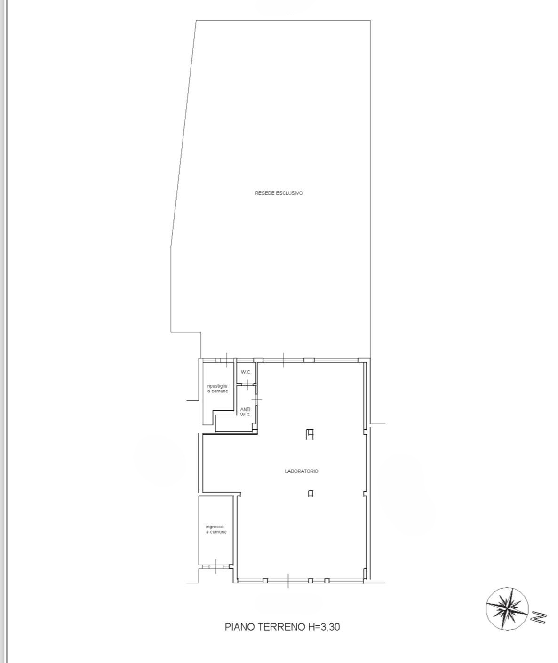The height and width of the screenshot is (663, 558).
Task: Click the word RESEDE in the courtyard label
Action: coord(264,193)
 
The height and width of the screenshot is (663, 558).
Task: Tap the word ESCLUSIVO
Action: coord(289,193)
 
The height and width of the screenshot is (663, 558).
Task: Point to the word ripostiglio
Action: coord(217,386)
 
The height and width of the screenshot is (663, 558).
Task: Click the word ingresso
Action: coord(215,527)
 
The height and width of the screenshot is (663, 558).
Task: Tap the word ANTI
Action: coord(245,410)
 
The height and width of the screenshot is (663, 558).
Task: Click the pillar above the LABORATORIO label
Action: coord(309,434)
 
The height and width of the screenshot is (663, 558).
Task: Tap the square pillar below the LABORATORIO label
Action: coord(311,494)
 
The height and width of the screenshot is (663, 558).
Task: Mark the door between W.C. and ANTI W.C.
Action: coord(247,385)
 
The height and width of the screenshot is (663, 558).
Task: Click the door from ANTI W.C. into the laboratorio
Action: coord(256,399)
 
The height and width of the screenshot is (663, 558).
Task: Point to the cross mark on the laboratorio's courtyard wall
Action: coord(283,360)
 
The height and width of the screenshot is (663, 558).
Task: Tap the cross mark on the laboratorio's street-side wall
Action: coord(288,581)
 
